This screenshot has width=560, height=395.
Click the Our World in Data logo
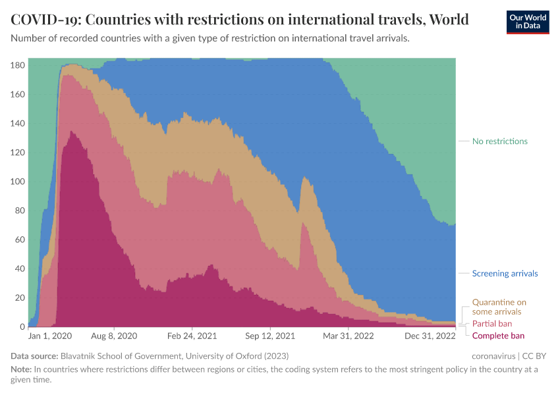pos(528,21)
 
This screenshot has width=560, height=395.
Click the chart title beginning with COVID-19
pos(240,20)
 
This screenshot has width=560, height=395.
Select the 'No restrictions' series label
pos(499,142)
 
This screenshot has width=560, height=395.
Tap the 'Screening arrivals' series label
pos(505,273)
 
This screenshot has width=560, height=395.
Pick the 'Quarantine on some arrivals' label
pos(499,307)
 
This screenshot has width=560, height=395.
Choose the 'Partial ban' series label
pos(491,324)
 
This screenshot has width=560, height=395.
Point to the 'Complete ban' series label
pos(498,336)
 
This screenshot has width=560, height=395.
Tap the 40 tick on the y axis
pos(20,269)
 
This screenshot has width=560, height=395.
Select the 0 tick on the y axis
pos(22,327)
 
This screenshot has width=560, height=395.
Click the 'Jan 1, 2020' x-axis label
pos(50,336)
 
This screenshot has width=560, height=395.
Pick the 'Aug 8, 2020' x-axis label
pos(115,336)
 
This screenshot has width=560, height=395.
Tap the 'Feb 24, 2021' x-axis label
pos(192,336)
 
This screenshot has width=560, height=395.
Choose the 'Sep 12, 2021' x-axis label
pos(270,336)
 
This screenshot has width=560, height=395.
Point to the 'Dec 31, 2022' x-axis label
pos(429,336)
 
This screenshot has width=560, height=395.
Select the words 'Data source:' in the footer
pos(34,356)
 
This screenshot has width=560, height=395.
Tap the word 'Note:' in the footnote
pos(22,369)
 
